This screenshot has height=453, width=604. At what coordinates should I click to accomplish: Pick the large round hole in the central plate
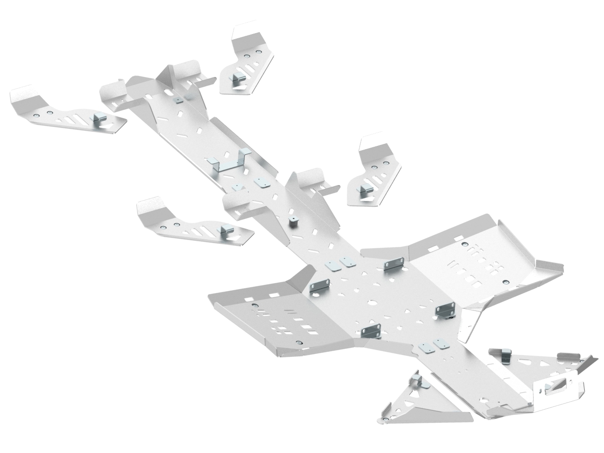pyautogui.click(x=373, y=303)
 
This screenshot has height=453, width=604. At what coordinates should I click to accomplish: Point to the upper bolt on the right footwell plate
pyautogui.click(x=466, y=244)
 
